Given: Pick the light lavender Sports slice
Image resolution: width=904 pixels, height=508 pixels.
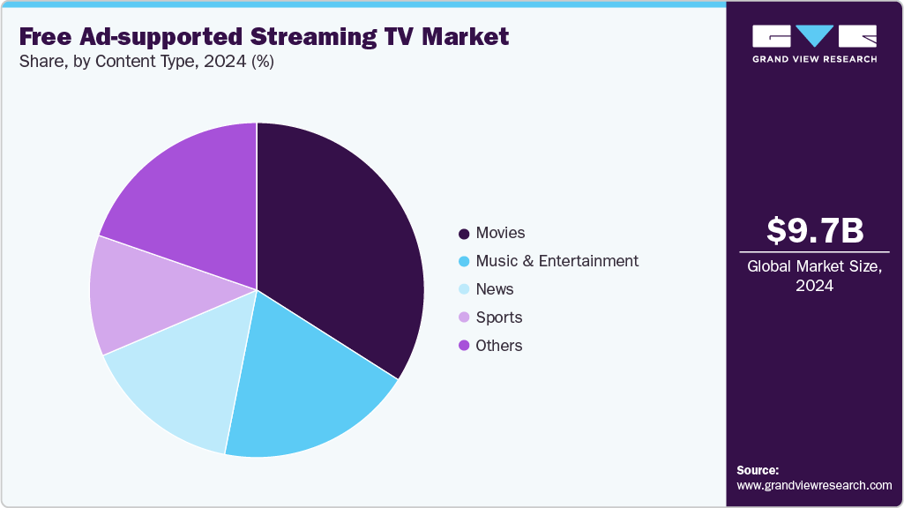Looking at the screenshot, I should click(137, 295).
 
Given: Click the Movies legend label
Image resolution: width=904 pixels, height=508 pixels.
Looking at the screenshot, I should click(500, 233).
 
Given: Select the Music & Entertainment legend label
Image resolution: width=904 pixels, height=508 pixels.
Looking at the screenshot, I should click(557, 261).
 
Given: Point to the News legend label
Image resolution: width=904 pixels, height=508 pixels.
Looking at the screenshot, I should click(494, 289).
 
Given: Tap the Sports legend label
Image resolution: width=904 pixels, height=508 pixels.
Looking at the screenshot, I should click(498, 317).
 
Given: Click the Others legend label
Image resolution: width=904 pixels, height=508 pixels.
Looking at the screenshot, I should click(498, 346).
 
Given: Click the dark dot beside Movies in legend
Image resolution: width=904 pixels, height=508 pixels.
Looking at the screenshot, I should click(463, 234).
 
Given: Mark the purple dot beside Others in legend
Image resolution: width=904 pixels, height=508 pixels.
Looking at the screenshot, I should click(463, 347).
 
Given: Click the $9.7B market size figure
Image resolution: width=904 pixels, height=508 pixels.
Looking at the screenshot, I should click(814, 231).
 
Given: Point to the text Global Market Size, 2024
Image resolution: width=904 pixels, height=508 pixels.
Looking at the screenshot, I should click(814, 275).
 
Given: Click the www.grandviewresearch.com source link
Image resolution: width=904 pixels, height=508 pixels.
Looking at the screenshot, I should click(814, 485).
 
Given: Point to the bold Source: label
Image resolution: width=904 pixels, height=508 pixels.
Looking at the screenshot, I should click(758, 470).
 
